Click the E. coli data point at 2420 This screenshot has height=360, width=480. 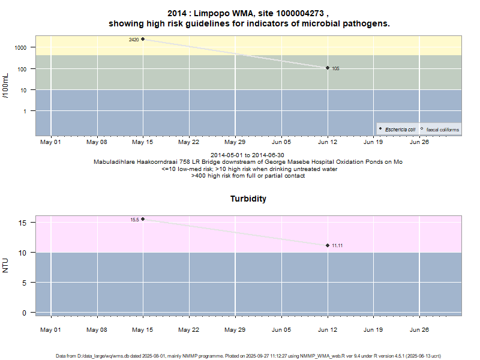click(x=143, y=39)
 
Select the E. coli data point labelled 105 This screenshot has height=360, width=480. click(x=328, y=68)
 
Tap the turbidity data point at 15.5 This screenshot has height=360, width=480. click(x=143, y=219)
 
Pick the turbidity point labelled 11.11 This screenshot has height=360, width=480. click(x=328, y=245)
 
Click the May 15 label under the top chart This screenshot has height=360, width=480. click(x=143, y=142)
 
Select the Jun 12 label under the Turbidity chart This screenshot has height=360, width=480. click(x=328, y=329)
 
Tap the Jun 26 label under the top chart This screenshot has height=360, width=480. click(x=419, y=142)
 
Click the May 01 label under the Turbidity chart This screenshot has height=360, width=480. click(x=51, y=329)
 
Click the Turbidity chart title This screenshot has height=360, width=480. click(x=248, y=199)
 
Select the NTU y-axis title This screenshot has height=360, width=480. click(x=6, y=265)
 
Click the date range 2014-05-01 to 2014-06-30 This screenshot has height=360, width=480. click(x=248, y=155)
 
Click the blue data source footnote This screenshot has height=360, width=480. click(x=248, y=356)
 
